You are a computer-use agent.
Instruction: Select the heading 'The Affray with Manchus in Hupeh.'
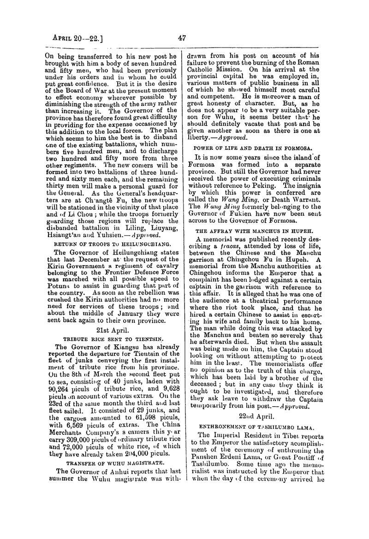pos(261,230)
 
